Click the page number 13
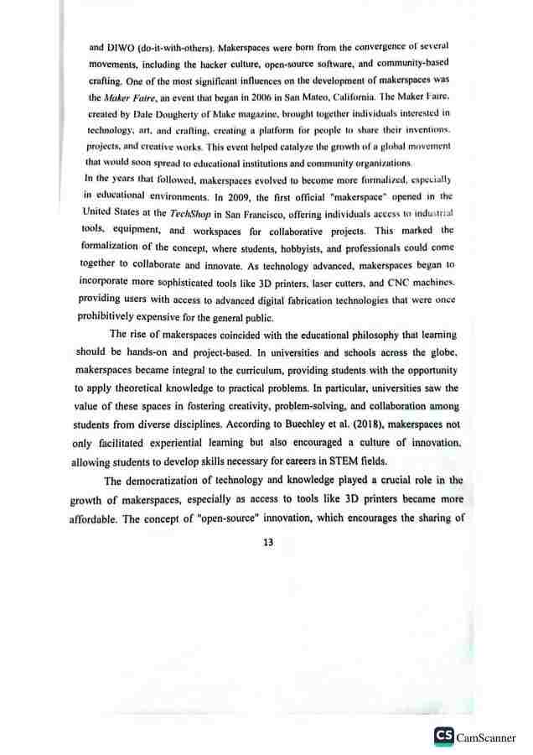pyautogui.click(x=268, y=542)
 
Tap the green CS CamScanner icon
pyautogui.click(x=443, y=736)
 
